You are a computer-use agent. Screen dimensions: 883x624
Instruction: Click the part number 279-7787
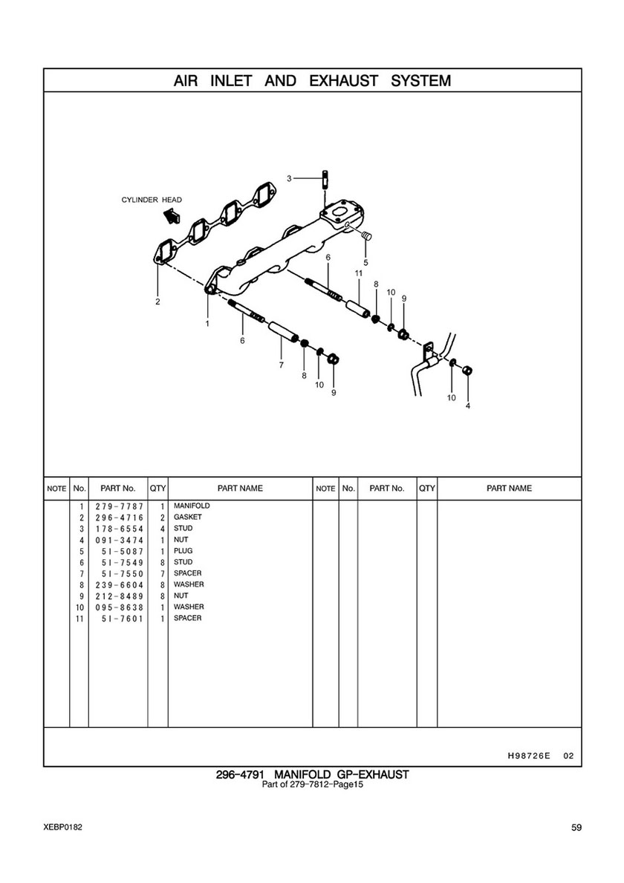coord(118,506)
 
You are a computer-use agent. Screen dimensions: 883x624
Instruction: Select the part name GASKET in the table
coord(187,518)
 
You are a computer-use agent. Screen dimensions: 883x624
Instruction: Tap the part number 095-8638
coord(118,607)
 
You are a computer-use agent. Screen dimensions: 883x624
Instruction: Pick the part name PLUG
coord(183,551)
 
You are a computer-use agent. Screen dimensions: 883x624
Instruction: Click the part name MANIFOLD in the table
coord(192,506)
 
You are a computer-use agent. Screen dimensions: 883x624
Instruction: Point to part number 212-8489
coord(118,596)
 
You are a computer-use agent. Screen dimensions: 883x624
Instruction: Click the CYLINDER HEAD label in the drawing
coord(152,200)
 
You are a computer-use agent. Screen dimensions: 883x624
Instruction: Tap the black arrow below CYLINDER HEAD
coord(171,215)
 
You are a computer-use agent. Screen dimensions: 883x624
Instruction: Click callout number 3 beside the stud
coord(290,178)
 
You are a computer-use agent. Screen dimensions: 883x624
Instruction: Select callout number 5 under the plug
coord(365,262)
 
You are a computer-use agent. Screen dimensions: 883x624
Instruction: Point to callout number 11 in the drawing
coord(357,273)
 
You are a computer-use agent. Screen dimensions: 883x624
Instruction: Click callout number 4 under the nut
coord(467,405)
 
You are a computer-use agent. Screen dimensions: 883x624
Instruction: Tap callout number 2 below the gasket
coord(157,302)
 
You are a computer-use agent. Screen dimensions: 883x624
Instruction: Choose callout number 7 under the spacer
coord(281,365)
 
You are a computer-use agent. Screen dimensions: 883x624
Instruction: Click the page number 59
coord(576,827)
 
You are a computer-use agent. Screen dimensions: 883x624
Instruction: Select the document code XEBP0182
coord(62,827)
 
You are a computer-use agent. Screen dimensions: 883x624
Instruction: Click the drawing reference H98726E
coord(528,756)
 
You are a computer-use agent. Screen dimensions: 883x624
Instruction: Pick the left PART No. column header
coord(117,489)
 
